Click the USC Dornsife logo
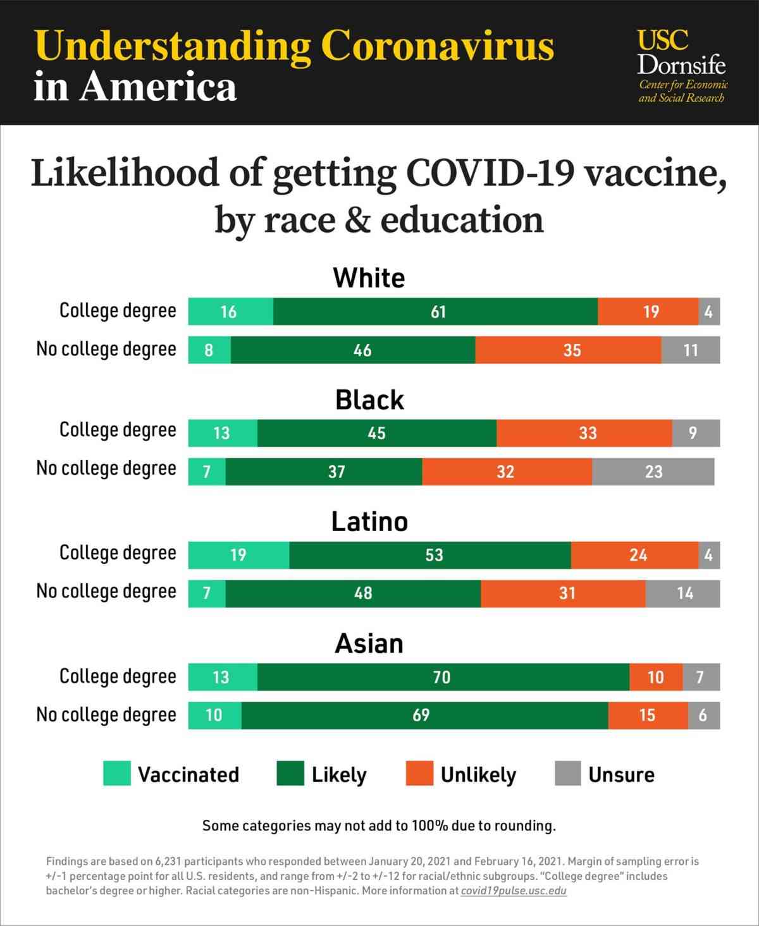coord(682,65)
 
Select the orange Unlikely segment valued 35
coord(568,350)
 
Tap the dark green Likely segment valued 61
coord(435,312)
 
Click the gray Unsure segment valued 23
coord(653,472)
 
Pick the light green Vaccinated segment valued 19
coord(238,555)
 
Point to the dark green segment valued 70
coord(443,677)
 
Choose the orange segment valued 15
coord(648,716)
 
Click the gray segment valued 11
coord(690,350)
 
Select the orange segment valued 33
coord(584,433)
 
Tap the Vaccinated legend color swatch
coord(117,774)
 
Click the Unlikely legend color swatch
coord(419,774)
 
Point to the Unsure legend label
coord(621,775)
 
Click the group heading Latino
coord(369,522)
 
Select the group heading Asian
coord(369,643)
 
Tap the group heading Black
coord(369,400)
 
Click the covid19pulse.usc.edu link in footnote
coord(513,891)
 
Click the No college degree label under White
coord(106,350)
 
